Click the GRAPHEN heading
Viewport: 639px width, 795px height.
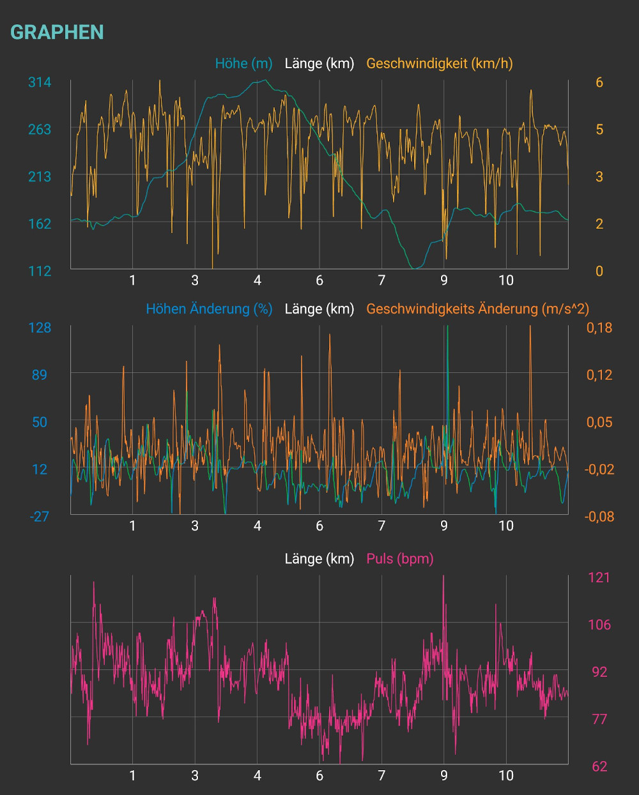coord(57,32)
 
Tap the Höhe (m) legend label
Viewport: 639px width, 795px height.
coord(243,63)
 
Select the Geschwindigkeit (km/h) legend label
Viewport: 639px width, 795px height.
coord(440,63)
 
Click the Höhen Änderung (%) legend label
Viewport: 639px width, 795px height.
coord(209,309)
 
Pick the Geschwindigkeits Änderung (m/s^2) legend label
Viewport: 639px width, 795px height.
coord(477,309)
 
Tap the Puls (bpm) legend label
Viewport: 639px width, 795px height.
coord(400,559)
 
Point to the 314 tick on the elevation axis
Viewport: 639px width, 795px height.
coord(40,82)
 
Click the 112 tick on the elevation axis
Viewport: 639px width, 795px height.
coord(40,271)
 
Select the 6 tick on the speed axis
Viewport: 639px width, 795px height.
coord(599,82)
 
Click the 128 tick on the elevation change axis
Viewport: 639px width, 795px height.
coord(40,328)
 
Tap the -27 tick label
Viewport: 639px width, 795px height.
coord(40,516)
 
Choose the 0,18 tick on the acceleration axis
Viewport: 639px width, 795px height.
coord(599,328)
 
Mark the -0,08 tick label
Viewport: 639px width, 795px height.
coord(599,516)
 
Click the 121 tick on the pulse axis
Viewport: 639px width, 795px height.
coord(599,577)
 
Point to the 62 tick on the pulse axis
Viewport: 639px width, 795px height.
coord(599,766)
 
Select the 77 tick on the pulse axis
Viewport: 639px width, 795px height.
coord(599,719)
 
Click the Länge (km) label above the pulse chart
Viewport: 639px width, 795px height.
coord(319,559)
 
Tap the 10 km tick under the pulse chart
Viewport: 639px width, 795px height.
coord(506,775)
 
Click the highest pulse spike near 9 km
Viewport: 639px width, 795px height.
coord(443,577)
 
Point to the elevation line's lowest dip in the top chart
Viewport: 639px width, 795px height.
coord(416,268)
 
